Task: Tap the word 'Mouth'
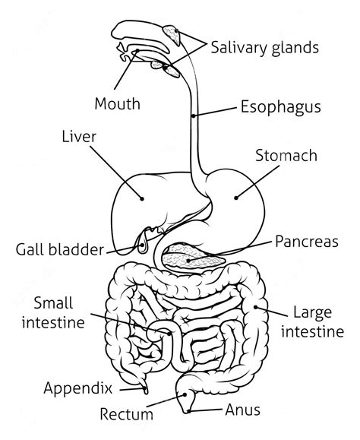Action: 117,103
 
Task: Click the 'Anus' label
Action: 242,410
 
